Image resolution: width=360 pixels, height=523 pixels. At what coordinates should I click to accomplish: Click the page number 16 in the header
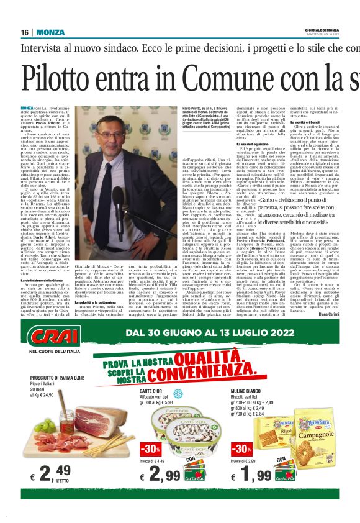25,32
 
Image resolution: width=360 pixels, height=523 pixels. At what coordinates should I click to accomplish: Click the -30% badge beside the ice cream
150,449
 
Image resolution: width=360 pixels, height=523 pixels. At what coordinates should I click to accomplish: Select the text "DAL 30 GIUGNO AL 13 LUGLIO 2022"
205,334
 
